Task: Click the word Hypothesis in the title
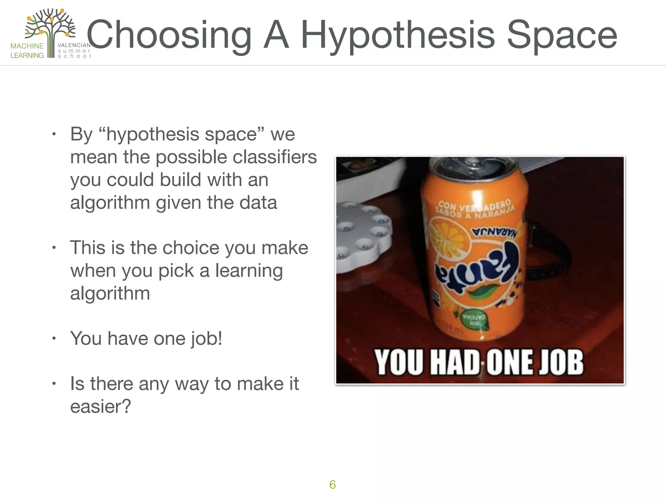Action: [x=397, y=35]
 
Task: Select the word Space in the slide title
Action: [x=562, y=35]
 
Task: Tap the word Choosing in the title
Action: [x=169, y=35]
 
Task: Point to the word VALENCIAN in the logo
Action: [x=74, y=45]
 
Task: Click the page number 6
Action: [x=332, y=485]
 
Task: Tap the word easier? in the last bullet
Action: [x=100, y=406]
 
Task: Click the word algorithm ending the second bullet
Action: [x=110, y=293]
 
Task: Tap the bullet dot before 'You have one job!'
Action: [x=54, y=339]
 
